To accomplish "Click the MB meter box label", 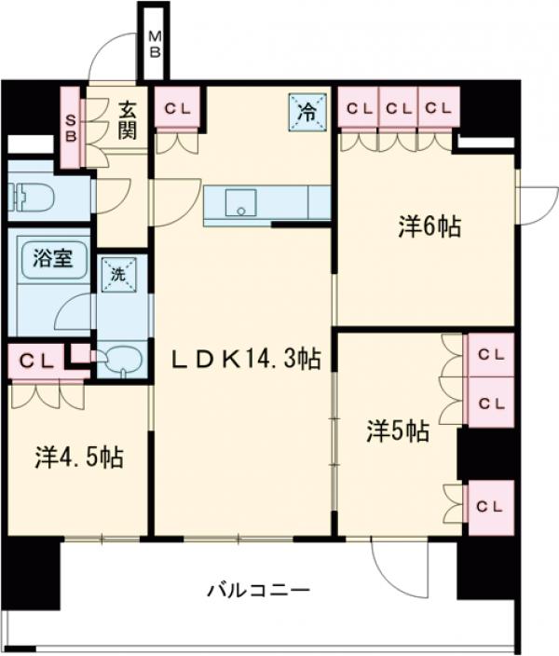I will pos(156,45).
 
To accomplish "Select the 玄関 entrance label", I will pos(128,119).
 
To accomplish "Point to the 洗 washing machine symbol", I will pos(119,275).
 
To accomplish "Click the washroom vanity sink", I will pos(121,359).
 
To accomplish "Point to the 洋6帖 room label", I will pos(429,226).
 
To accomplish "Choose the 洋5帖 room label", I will pos(398,430).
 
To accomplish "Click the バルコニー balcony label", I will pos(258,590).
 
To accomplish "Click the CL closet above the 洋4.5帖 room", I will pos(37,359).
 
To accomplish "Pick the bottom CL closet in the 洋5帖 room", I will pos(490,506).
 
